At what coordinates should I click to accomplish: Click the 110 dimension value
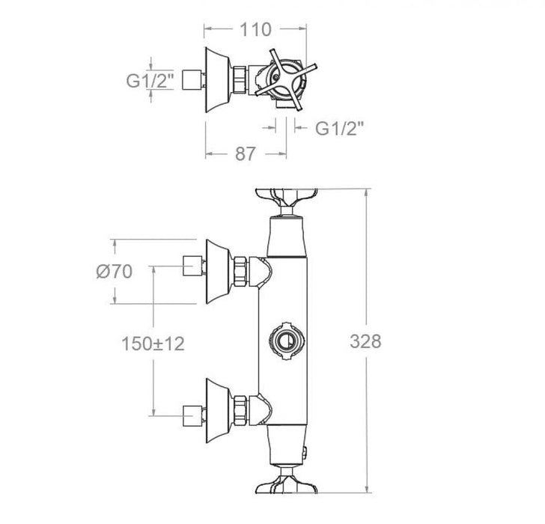[255, 30]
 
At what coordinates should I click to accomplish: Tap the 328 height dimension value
[365, 341]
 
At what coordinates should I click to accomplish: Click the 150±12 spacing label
[153, 344]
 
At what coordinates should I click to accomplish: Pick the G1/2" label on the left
[149, 80]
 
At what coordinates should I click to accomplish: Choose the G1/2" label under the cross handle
[339, 128]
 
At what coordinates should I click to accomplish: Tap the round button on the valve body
[284, 342]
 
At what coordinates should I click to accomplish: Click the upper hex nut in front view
[241, 271]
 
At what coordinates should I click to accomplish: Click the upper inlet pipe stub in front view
[194, 265]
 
